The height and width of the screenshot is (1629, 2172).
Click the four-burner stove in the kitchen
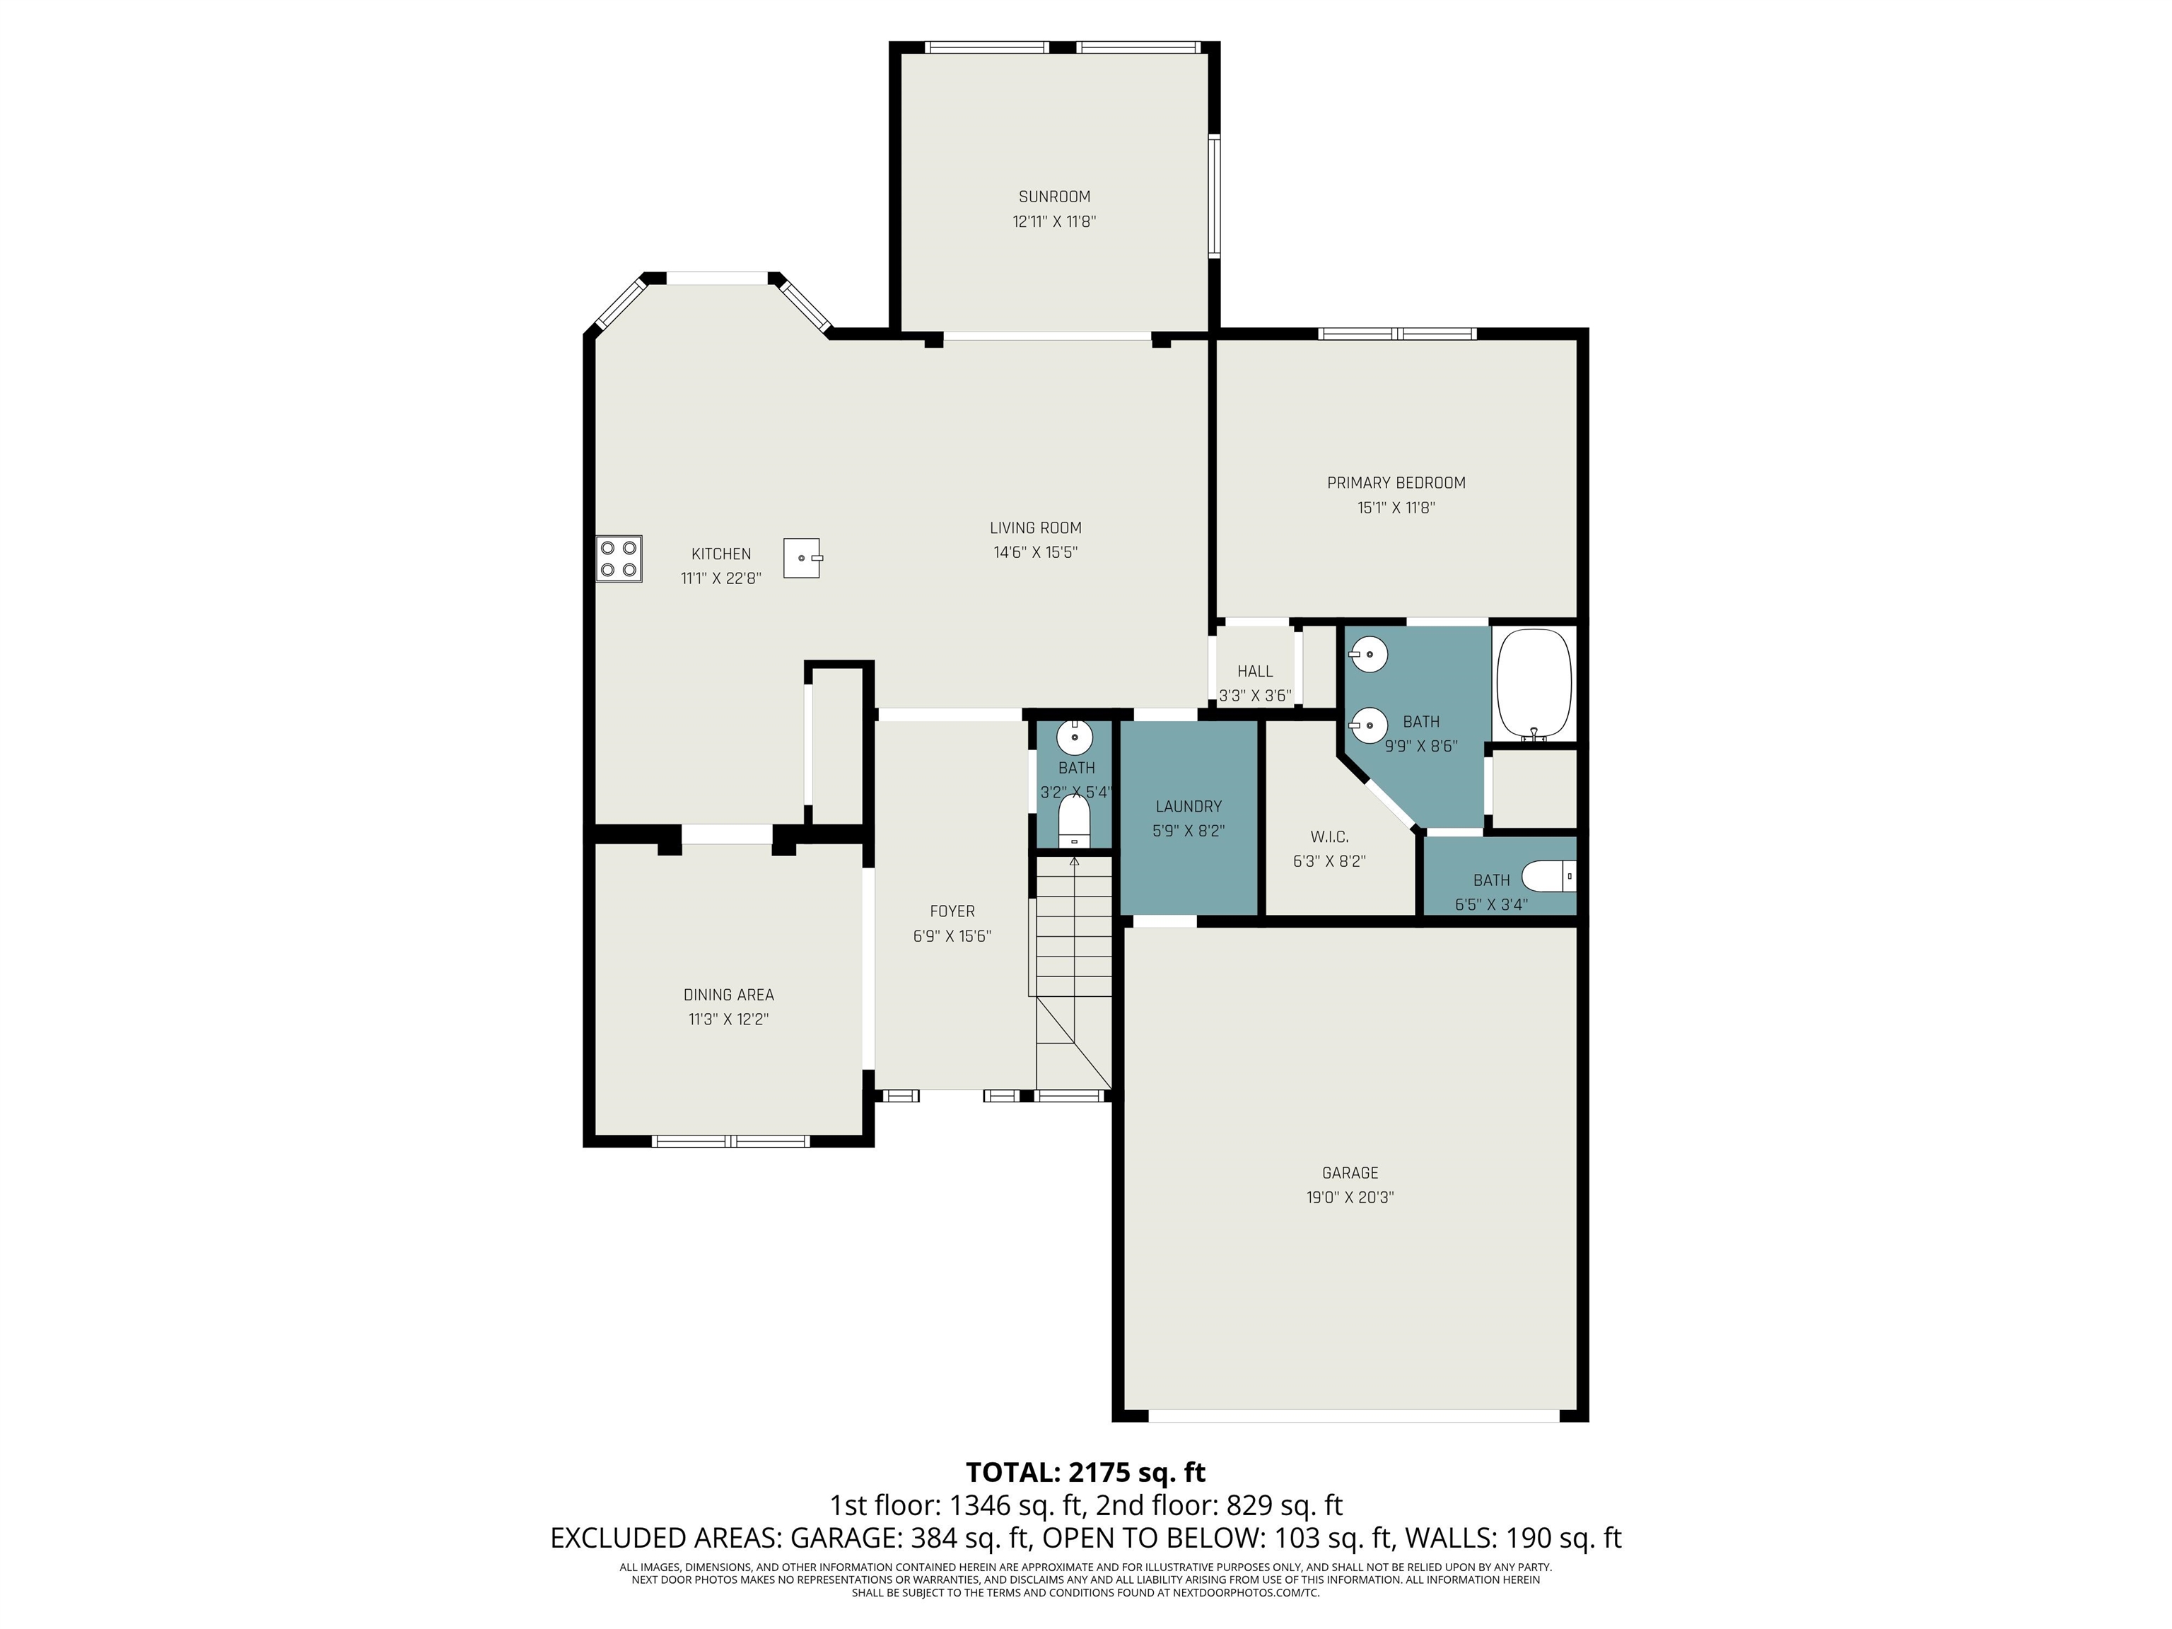coord(619,559)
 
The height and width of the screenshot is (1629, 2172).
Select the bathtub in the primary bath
coord(1534,684)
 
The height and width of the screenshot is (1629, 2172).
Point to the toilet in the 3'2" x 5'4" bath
coord(1075,821)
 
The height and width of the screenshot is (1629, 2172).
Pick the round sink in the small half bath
coord(1075,735)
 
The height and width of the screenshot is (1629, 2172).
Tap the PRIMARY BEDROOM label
coord(1396,483)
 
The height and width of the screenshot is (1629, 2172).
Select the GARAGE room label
coord(1350,1172)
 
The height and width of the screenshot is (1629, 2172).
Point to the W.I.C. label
coord(1329,836)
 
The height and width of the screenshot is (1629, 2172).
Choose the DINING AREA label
coord(728,995)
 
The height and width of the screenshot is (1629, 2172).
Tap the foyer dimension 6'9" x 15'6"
coord(952,937)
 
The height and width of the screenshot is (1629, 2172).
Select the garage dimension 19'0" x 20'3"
coord(1350,1197)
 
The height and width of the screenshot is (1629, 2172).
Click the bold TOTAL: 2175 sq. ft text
coord(1086,1472)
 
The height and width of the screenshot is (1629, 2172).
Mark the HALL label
coord(1255,672)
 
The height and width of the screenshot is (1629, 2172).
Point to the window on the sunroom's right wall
coord(1215,195)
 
